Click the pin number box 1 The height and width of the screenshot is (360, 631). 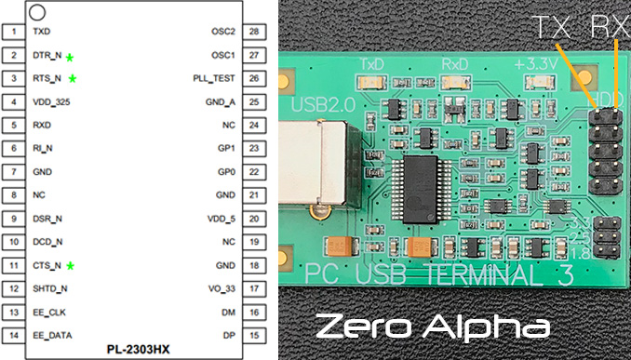(x=11, y=32)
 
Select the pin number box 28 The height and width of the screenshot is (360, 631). (x=253, y=32)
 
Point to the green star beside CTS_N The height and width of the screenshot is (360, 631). (x=70, y=266)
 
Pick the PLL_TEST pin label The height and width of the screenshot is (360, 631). (x=215, y=78)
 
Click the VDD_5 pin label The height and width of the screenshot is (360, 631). (x=222, y=219)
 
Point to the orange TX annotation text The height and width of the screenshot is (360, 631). (x=550, y=28)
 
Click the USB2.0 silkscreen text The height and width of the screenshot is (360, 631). (x=323, y=105)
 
